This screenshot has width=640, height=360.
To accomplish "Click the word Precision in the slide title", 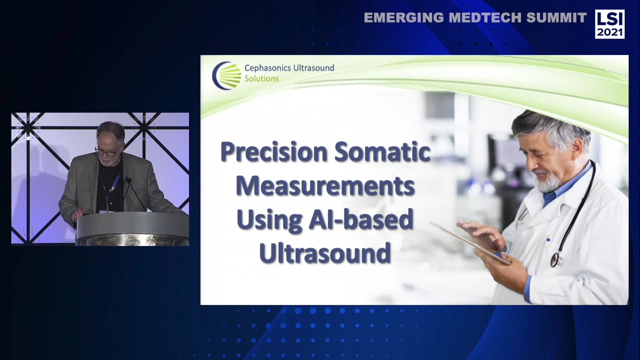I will coord(274,152).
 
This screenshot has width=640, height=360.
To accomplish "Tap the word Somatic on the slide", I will coord(382,152).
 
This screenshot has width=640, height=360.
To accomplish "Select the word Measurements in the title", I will coord(325,186).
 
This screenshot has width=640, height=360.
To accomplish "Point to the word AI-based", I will coord(361,220).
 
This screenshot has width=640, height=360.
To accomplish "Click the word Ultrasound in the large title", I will coord(325,253).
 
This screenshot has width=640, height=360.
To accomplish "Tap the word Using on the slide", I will coord(269,220).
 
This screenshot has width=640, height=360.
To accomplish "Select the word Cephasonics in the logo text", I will coord(267,68).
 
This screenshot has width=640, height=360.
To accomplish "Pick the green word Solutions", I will coord(261,78).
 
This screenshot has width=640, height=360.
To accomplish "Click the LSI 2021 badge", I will coord(609,23).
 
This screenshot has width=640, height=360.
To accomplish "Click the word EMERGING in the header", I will coord(403,18).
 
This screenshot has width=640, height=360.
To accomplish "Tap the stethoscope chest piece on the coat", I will coord(555,260).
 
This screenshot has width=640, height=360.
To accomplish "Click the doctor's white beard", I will coord(548,182).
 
